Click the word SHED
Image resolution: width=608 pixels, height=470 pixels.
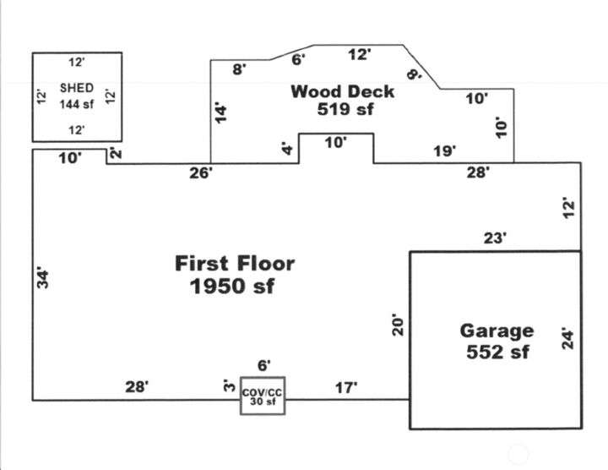pos(76,88)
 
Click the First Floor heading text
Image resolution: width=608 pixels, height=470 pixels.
pos(235,263)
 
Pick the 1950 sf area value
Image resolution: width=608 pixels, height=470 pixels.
pos(233,287)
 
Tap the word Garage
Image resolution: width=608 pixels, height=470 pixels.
pos(497,331)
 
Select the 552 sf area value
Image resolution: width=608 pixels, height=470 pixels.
pos(497,352)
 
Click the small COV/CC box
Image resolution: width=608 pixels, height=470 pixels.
pos(263,396)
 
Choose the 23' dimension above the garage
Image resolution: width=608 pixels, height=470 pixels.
pos(495,239)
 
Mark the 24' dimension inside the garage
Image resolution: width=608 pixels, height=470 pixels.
pos(567,339)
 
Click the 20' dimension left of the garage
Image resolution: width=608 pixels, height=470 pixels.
pos(399,324)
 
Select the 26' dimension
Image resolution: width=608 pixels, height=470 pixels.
pos(201,173)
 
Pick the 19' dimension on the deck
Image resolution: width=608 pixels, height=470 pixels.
pos(444,151)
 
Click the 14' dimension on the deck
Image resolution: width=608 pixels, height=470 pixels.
pos(221,112)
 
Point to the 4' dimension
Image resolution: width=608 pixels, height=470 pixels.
pos(286,149)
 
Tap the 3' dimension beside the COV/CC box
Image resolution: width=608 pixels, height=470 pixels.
pos(227,387)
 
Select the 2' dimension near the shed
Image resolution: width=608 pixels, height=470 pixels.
pos(115,154)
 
